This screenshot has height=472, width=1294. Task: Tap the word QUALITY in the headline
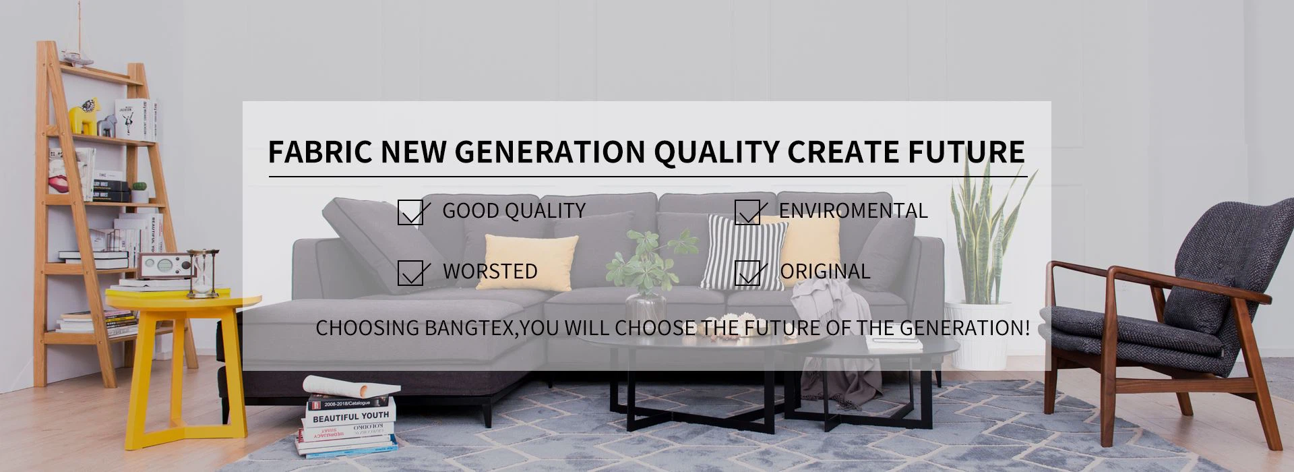[x=716, y=152]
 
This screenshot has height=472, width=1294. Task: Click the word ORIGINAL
[x=825, y=271]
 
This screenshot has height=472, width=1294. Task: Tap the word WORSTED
[x=490, y=271]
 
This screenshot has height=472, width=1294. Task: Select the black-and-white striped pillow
[x=743, y=252]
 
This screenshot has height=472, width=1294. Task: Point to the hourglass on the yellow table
[x=203, y=273]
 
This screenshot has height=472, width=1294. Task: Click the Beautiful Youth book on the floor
[x=349, y=416]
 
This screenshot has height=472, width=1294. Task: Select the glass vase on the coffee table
[x=646, y=306]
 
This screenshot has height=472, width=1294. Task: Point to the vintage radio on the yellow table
[x=161, y=266]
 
